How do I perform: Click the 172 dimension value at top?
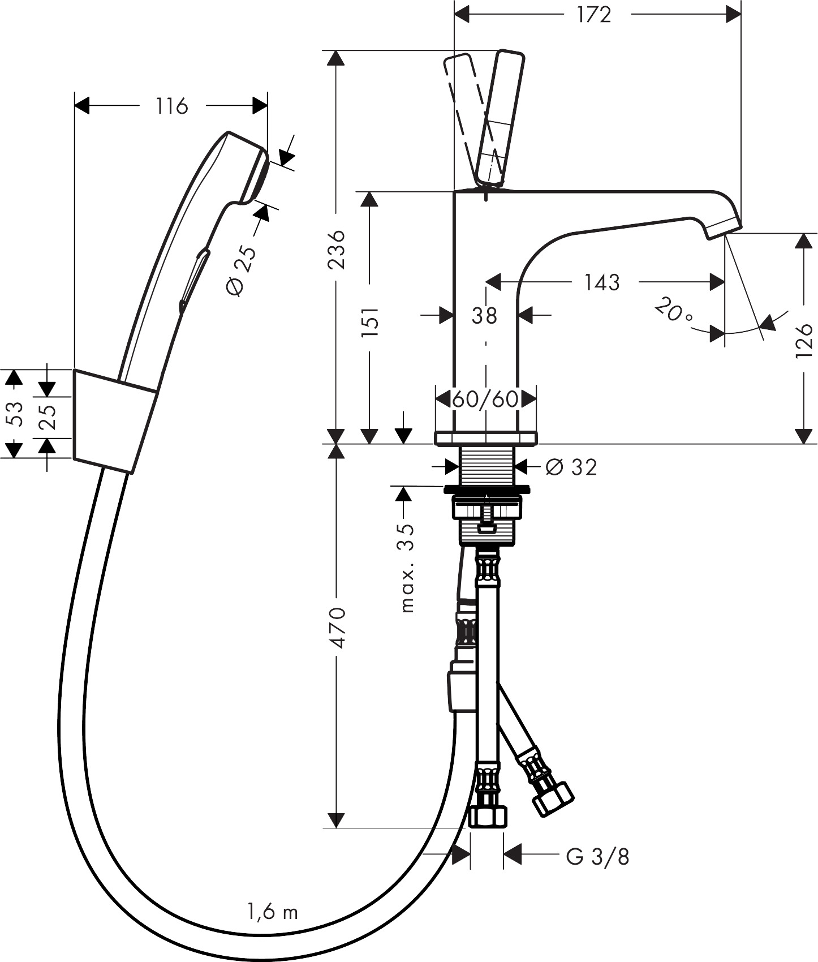[x=594, y=15]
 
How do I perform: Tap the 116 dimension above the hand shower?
[x=171, y=106]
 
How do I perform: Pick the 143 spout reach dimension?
[x=602, y=282]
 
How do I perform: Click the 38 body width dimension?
[x=484, y=316]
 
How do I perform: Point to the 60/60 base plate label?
[x=485, y=400]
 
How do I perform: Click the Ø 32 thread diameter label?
[x=571, y=467]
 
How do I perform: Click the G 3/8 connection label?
[x=597, y=857]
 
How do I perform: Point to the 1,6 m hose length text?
[x=272, y=912]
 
